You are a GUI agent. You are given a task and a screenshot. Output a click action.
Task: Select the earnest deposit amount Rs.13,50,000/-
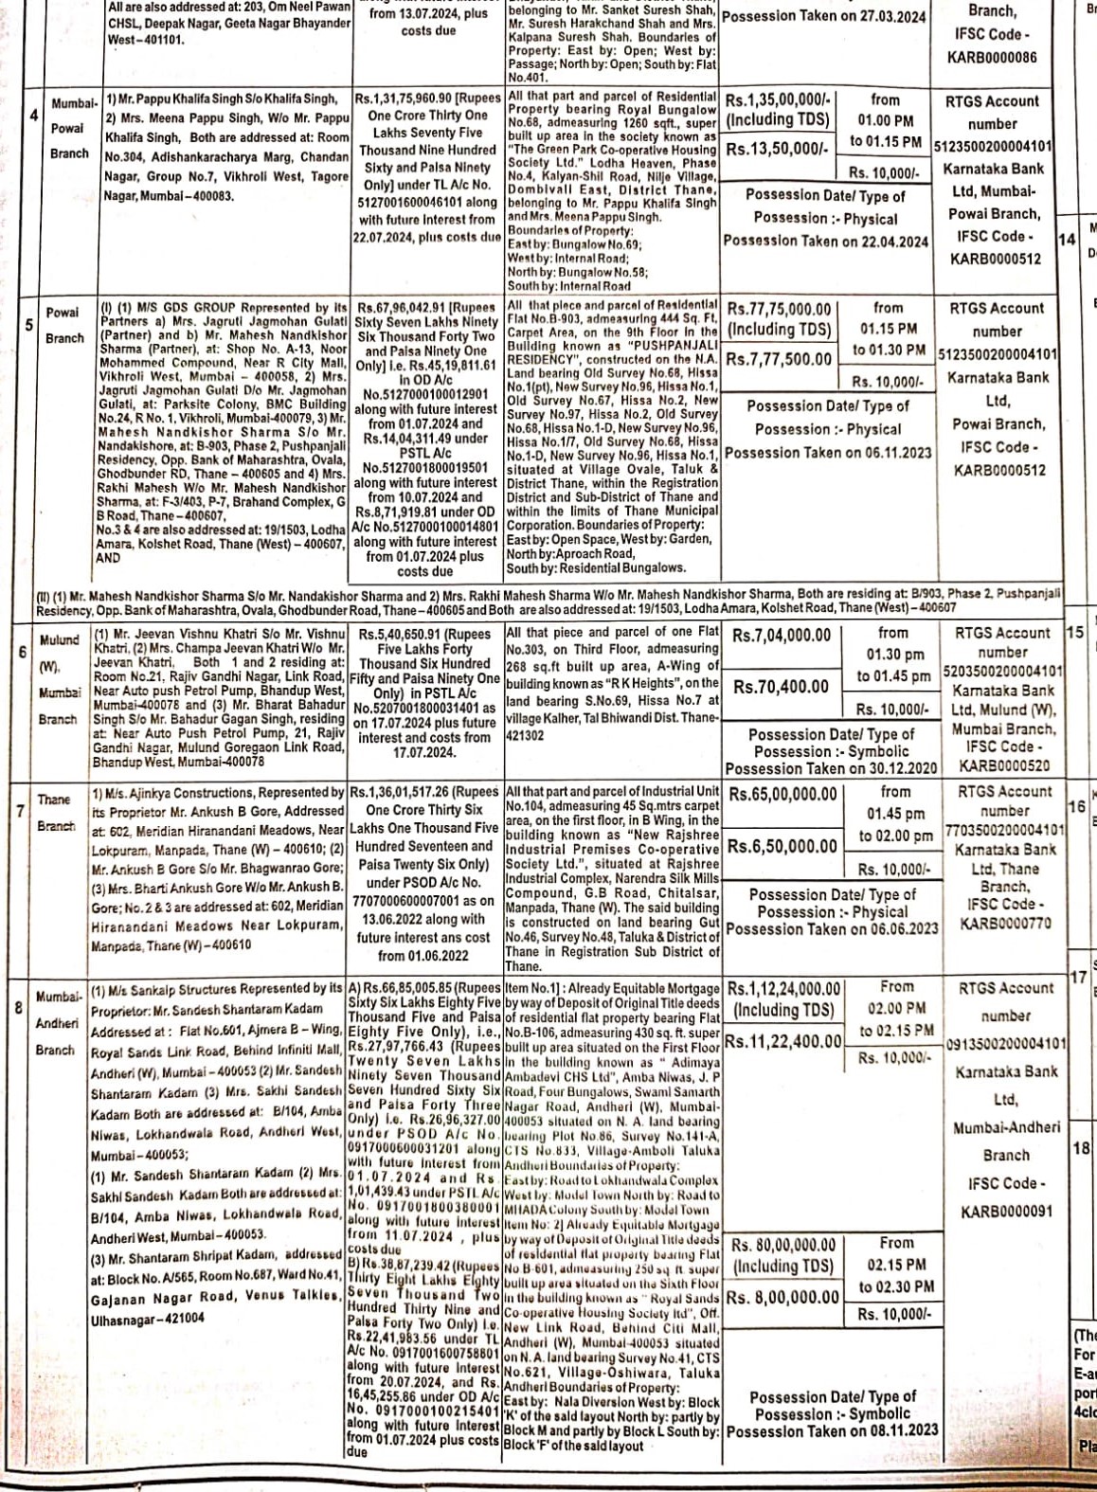[x=777, y=149]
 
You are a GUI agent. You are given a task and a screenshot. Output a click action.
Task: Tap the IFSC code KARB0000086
[x=992, y=57]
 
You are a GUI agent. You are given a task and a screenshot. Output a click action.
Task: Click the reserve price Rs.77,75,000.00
[x=779, y=310]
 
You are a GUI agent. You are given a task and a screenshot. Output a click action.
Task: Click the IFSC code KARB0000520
[x=1005, y=765]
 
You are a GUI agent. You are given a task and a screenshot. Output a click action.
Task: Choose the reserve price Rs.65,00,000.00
[x=782, y=794]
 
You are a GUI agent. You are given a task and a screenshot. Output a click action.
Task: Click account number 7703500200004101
[x=1005, y=831]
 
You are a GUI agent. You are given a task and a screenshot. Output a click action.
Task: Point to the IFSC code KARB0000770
[x=1005, y=923]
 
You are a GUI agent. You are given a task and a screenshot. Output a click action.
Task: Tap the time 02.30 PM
[x=896, y=1286]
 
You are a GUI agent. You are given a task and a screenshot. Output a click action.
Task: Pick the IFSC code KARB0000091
[x=1005, y=1212]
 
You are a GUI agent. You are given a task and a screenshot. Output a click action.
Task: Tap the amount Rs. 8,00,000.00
[x=784, y=1297]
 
